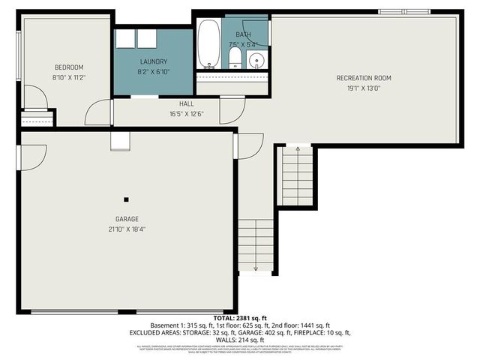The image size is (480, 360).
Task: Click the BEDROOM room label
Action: click(68, 67)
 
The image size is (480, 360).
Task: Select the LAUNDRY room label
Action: click(153, 61)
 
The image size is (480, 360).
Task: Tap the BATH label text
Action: click(244, 34)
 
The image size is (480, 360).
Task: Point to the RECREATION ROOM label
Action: click(364, 78)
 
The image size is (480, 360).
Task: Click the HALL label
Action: click(187, 104)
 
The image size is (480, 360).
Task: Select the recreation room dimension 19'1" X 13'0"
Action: click(364, 88)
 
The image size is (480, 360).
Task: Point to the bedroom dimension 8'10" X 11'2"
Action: click(68, 76)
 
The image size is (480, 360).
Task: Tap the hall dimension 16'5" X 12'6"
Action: click(187, 115)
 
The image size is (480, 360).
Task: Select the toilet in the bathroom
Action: click(234, 58)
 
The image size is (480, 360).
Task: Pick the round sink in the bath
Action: click(256, 60)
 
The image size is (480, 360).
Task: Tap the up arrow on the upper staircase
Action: click(298, 150)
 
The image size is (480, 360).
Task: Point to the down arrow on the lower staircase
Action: click(256, 267)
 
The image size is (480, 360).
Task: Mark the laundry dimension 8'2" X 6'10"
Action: click(153, 72)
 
